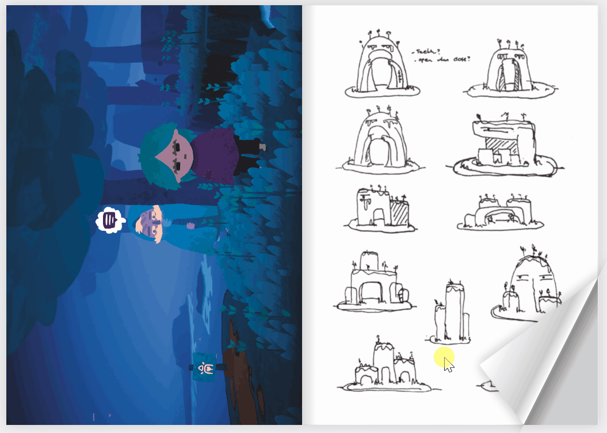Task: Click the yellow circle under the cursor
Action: tap(444, 358)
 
